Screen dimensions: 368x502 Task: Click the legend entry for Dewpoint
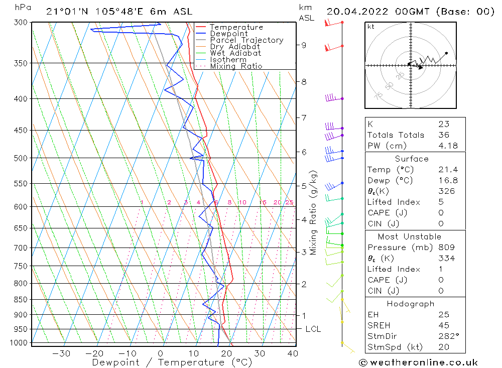229,34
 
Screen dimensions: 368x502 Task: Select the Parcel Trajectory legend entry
246,40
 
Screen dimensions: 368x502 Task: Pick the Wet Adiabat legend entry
235,53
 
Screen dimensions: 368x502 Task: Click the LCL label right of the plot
313,329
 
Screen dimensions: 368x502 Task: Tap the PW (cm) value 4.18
444,146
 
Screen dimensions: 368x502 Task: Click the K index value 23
443,124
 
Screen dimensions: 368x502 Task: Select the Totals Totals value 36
443,135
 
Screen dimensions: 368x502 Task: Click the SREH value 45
443,325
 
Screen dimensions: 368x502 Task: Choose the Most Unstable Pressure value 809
446,248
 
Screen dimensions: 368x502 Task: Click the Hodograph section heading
411,304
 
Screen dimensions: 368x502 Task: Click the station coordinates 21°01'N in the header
65,11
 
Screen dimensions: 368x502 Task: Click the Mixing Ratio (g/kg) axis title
313,212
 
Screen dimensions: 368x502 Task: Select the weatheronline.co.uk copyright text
418,362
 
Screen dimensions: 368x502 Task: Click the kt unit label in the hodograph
370,27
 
